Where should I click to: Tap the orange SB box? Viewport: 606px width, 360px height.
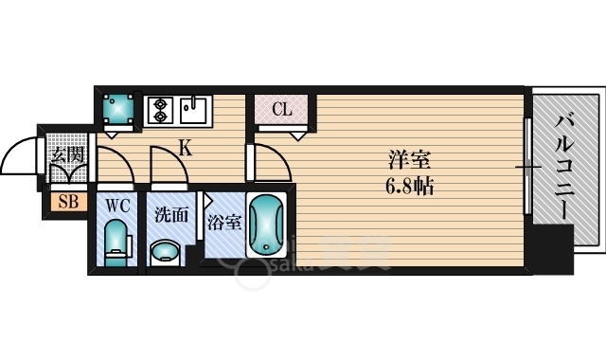pos(68,201)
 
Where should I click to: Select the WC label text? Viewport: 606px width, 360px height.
pos(117,204)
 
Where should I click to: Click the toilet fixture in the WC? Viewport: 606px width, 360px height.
pos(116,243)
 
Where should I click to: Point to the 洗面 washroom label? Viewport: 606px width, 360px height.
pos(170,213)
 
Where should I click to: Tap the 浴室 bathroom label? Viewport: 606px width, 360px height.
pos(224,224)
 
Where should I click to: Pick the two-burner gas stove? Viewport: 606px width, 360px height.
pos(159,110)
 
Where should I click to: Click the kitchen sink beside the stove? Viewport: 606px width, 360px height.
pos(195,110)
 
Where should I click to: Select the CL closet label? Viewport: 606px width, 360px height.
pos(282,109)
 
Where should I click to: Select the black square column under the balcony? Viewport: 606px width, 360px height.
pos(552,247)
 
